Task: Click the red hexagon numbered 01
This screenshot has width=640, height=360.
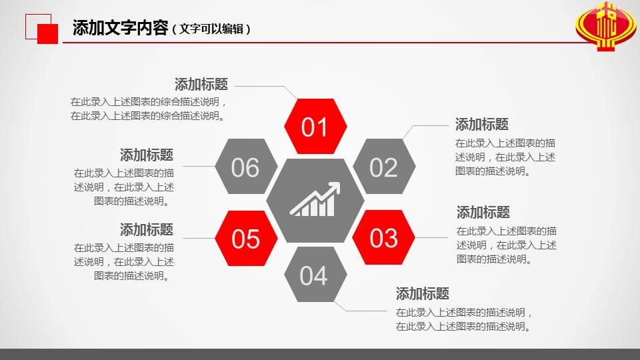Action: tap(315, 127)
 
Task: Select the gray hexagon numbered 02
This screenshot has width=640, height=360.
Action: tap(383, 167)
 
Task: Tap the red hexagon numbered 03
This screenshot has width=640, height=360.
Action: tap(383, 238)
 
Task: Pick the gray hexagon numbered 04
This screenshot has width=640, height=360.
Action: tap(314, 275)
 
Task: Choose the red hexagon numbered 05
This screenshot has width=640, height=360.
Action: tap(245, 238)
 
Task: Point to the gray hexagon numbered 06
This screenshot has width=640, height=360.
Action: tap(245, 167)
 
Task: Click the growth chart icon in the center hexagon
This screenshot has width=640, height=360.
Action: tap(315, 200)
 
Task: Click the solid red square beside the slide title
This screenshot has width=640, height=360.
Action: tap(48, 34)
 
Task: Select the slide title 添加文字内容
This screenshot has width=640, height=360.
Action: tap(119, 28)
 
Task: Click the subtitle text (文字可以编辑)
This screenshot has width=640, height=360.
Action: tap(211, 29)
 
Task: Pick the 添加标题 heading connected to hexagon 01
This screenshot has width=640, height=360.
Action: tap(201, 85)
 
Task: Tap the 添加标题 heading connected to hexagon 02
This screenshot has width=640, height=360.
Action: tap(482, 125)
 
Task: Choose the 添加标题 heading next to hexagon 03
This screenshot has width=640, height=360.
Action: tap(483, 213)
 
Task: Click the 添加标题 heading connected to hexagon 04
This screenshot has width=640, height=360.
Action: tap(423, 294)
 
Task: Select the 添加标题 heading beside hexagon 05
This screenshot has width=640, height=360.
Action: tap(147, 230)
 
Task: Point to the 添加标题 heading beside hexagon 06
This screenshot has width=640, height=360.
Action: tap(147, 155)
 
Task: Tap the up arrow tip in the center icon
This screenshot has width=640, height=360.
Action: tap(337, 185)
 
